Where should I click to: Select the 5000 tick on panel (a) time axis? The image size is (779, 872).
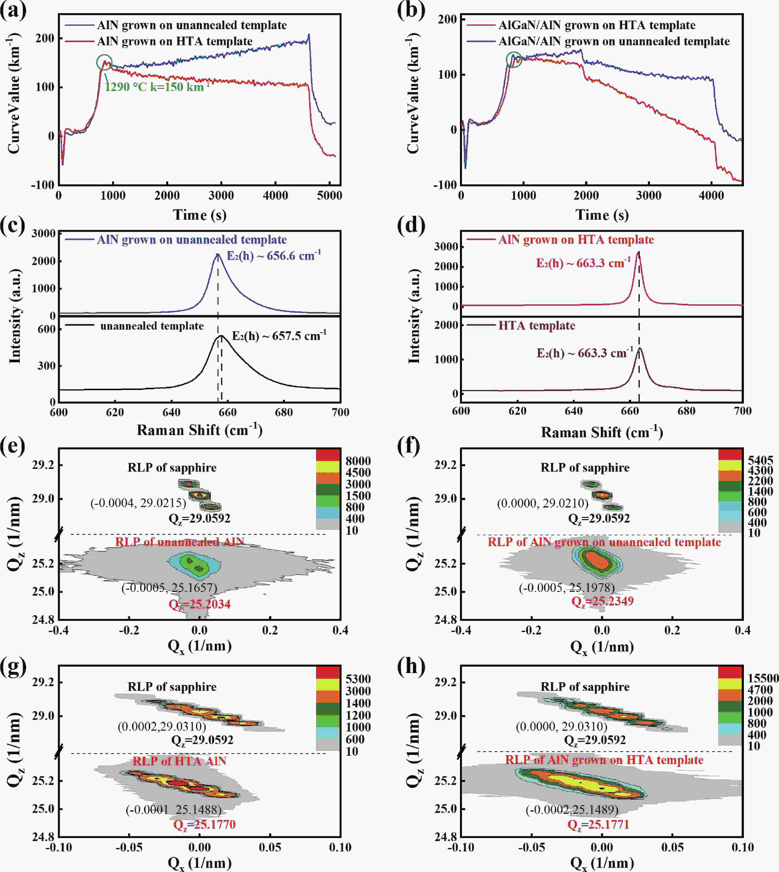(329, 196)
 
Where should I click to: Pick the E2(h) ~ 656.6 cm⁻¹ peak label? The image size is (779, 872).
(274, 256)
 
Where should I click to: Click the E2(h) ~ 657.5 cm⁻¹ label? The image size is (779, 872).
(279, 336)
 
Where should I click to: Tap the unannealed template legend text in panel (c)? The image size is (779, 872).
(152, 326)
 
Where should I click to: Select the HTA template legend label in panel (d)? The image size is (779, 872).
(537, 325)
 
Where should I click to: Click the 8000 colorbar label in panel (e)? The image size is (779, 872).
(358, 461)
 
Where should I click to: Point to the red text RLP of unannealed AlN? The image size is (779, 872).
(180, 542)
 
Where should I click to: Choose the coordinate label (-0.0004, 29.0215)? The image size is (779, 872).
(138, 503)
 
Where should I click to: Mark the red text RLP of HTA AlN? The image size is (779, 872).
(179, 761)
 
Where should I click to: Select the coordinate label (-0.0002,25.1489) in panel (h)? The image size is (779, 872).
(572, 809)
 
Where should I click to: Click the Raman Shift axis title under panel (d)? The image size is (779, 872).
(602, 433)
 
